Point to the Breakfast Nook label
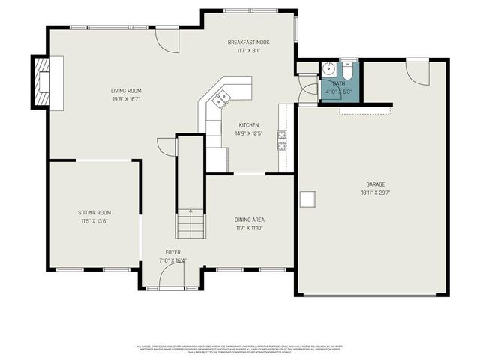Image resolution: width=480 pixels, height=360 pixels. pos(249,43)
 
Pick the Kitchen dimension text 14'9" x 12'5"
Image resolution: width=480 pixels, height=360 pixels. pos(248,133)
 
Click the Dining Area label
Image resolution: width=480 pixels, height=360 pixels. pos(250,220)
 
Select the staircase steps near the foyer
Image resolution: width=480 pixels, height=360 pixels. pos(190,223)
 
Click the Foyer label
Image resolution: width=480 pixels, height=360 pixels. pos(173,252)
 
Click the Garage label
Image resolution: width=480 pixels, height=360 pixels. pos(376,184)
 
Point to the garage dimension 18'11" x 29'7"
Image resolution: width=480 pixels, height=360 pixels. pos(376,192)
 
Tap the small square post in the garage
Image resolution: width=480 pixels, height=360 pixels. pos(307,199)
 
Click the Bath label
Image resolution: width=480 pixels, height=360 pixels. pos(339,83)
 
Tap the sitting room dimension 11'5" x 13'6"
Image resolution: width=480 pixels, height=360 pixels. pos(94,221)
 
